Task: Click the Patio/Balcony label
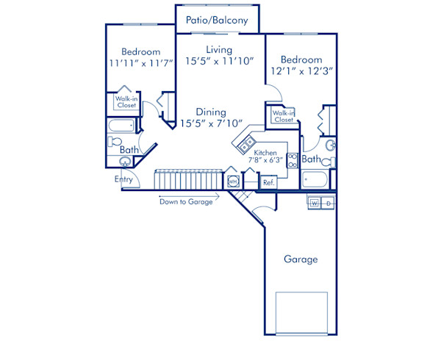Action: [217, 21]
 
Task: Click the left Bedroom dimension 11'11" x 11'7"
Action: [140, 64]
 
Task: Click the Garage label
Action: [301, 259]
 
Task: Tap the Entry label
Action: [123, 179]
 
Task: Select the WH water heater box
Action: [233, 181]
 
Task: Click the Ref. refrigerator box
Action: [268, 181]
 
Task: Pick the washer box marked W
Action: [315, 202]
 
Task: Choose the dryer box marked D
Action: [329, 202]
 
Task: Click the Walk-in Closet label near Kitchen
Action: [283, 116]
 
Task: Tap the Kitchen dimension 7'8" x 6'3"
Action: [265, 158]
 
